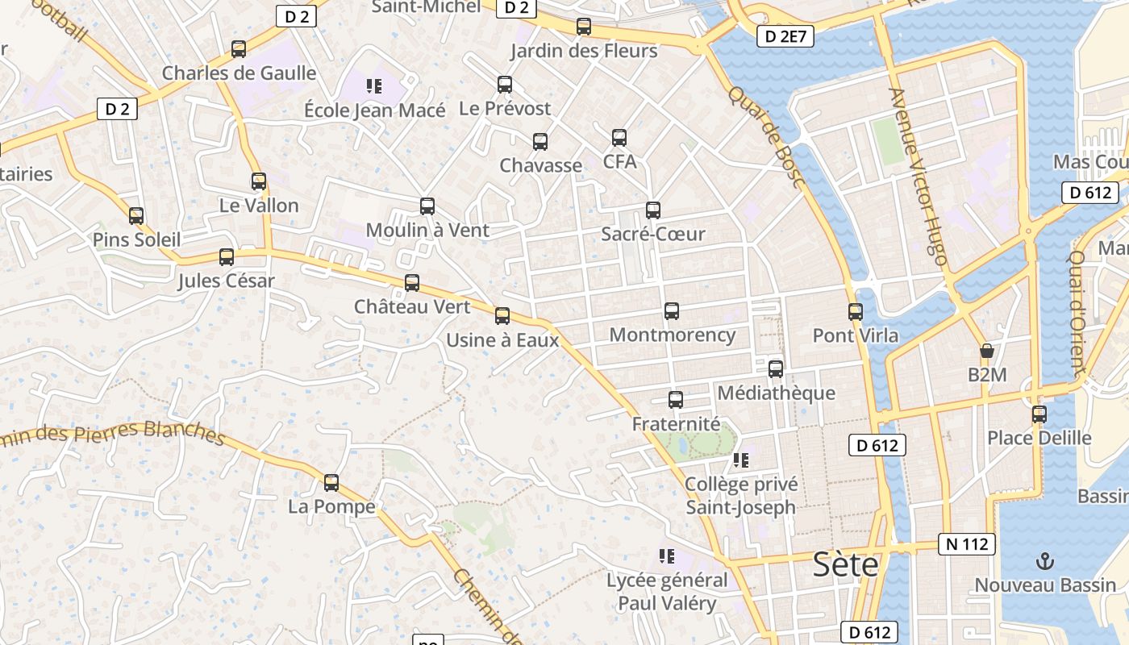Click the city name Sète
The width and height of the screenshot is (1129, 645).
(845, 564)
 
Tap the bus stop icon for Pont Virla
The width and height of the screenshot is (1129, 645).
(856, 311)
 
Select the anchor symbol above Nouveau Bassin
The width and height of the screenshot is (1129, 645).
(1045, 560)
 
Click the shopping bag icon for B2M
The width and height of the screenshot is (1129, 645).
(986, 351)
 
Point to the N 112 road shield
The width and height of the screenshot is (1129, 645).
(967, 544)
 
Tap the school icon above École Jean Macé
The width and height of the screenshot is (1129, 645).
(373, 85)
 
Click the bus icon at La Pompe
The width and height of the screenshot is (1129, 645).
(331, 483)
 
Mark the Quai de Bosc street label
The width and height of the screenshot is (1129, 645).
(767, 137)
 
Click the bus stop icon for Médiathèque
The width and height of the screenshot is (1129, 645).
(776, 369)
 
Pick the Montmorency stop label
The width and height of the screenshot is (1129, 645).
(673, 335)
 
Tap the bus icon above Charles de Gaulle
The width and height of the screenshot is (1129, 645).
(239, 49)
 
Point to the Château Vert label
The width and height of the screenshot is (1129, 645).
(412, 307)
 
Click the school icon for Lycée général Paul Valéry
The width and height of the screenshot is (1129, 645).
(666, 556)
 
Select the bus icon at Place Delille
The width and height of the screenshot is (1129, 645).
(1039, 414)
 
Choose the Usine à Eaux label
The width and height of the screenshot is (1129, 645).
(502, 340)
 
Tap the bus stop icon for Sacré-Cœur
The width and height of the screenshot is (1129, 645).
(653, 210)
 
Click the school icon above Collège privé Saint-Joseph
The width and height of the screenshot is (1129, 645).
(741, 460)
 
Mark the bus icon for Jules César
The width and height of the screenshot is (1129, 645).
(227, 257)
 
